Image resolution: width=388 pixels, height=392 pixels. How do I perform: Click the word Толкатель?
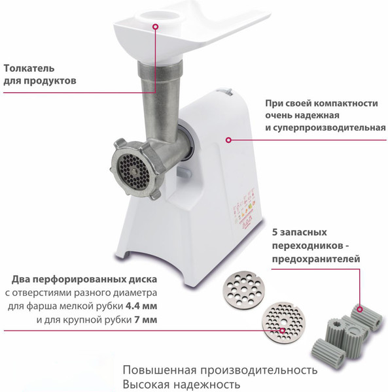click(29, 68)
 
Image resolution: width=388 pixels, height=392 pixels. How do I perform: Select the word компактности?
click(346, 103)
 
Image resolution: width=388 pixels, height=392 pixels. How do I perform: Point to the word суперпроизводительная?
click(329, 127)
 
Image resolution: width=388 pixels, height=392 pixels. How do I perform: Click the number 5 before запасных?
click(275, 232)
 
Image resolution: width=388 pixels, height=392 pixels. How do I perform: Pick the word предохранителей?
click(316, 259)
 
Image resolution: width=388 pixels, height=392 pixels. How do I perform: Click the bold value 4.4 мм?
click(141, 306)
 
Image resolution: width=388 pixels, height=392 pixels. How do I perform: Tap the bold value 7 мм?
click(146, 319)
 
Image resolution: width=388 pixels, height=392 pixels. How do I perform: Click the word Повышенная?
click(159, 370)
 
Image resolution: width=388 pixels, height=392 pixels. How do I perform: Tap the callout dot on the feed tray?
click(156, 26)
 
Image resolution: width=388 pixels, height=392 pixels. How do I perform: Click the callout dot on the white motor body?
click(228, 140)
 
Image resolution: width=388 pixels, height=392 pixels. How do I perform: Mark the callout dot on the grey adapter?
click(360, 309)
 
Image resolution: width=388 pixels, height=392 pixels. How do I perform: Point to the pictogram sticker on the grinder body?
click(245, 209)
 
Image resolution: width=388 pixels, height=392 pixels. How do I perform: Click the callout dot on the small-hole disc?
click(283, 331)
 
